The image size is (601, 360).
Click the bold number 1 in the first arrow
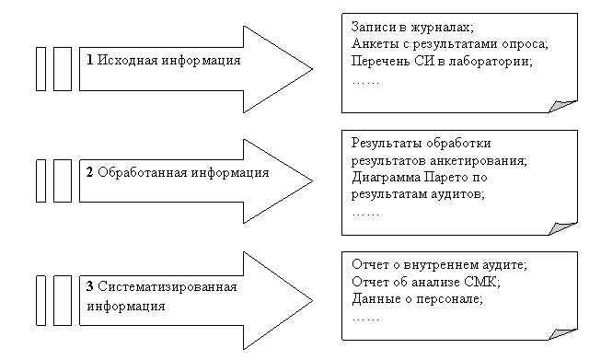click(x=90, y=60)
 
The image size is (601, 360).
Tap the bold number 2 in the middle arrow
click(x=89, y=172)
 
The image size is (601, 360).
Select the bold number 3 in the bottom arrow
click(x=89, y=286)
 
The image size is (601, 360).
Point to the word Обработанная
click(x=143, y=172)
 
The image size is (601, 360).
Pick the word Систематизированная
click(x=168, y=286)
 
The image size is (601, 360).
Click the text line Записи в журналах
click(x=412, y=28)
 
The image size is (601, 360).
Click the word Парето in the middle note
click(x=446, y=178)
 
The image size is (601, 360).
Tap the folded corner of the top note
click(x=562, y=106)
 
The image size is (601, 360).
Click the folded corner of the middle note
click(x=562, y=228)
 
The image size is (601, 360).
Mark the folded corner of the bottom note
click(x=562, y=334)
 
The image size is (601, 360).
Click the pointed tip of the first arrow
click(x=312, y=69)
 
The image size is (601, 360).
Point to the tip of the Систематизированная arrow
click(x=312, y=300)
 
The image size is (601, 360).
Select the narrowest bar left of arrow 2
click(x=41, y=181)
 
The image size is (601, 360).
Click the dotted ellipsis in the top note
click(x=365, y=83)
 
